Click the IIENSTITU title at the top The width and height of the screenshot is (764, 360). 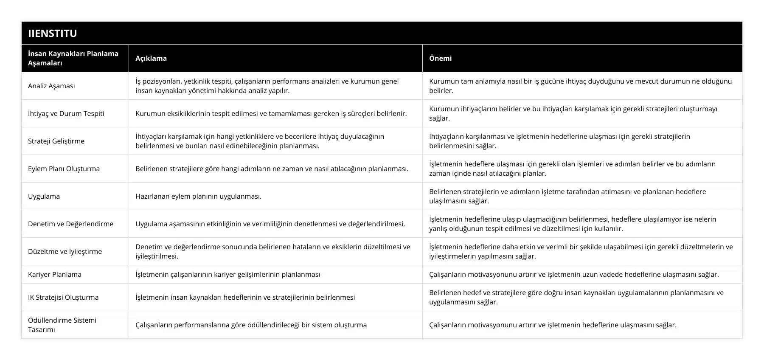tap(52, 33)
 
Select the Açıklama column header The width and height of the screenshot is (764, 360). tap(151, 58)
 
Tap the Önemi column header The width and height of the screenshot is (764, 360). tap(440, 58)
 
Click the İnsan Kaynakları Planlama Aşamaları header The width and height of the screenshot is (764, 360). tap(73, 58)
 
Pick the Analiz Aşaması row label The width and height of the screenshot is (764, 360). tap(51, 86)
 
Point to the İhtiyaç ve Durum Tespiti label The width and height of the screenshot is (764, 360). tap(66, 113)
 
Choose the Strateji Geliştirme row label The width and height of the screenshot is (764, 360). tap(56, 141)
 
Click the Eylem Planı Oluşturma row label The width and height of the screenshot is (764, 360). tap(64, 169)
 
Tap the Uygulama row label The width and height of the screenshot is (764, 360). tap(44, 196)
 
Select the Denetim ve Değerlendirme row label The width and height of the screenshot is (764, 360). tap(70, 224)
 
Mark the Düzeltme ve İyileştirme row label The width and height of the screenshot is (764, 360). tap(65, 251)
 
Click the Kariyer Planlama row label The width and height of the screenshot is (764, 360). tap(55, 274)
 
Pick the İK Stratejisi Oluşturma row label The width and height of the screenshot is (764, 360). tap(63, 297)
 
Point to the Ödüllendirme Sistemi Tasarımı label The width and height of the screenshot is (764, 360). tap(62, 325)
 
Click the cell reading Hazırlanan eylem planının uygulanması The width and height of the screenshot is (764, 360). tap(198, 196)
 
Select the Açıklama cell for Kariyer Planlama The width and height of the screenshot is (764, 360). tap(228, 274)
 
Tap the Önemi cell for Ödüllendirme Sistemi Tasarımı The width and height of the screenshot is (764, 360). tap(553, 325)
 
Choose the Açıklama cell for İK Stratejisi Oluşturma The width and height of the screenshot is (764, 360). tap(245, 297)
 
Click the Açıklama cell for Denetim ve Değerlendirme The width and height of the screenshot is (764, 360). tap(270, 224)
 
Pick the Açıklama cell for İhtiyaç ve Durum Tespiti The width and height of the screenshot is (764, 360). tap(271, 113)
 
